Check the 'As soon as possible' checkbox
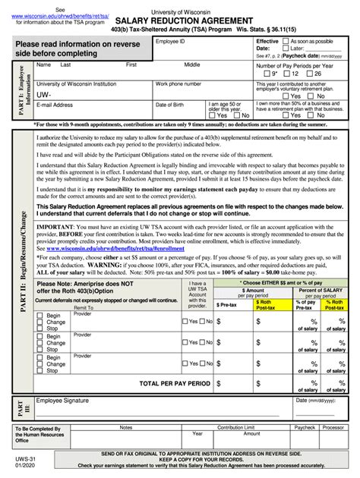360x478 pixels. (x=286, y=40)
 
